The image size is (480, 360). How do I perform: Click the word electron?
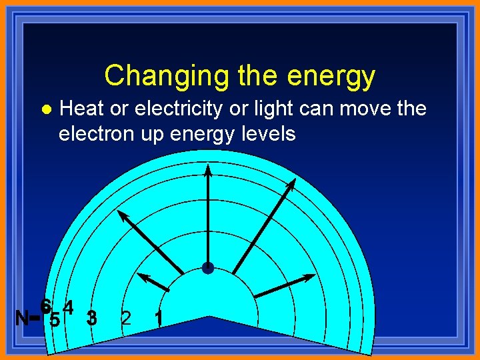95,133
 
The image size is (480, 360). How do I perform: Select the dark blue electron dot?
207,268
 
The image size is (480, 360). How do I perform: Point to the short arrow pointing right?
285,285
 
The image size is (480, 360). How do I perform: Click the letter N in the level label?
21,318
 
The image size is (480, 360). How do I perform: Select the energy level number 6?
45,306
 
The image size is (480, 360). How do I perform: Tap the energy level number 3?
92,318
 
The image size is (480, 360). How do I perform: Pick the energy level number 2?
125,318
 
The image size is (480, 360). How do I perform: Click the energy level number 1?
158,318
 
